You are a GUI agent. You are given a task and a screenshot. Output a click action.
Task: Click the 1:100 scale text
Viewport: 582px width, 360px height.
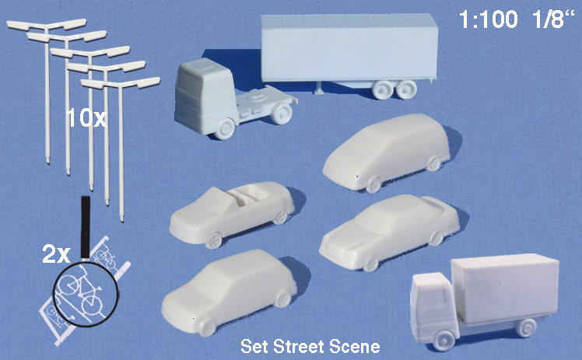coord(488,19)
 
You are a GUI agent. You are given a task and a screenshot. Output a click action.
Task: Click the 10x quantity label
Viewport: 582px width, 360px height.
coord(87,118)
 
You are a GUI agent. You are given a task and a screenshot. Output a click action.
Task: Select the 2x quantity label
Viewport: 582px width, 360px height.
coord(56,255)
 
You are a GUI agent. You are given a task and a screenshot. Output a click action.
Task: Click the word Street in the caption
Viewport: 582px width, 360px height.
coord(295,347)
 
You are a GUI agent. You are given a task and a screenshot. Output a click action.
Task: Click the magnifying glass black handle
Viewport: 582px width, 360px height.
coord(86,227)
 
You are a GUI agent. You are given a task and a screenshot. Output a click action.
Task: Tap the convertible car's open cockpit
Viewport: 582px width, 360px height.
coord(248,195)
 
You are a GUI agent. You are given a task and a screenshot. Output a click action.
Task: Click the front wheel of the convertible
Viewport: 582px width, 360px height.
coord(213,240)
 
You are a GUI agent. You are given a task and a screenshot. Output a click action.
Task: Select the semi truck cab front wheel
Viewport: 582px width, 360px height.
coord(224,128)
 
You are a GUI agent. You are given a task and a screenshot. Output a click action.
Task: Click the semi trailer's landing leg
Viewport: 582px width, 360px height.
coord(319,88)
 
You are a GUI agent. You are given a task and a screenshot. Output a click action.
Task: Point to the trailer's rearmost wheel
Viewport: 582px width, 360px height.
coord(405,89)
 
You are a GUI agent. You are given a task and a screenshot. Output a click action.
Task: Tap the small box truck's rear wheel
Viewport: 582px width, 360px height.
coord(526,327)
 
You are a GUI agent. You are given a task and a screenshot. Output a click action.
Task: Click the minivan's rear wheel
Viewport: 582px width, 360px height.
coord(433,163)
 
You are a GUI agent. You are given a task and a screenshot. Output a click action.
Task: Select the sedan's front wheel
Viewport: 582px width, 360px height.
coord(370,263)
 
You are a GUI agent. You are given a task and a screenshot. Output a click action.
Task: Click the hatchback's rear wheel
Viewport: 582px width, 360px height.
coord(283,299)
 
